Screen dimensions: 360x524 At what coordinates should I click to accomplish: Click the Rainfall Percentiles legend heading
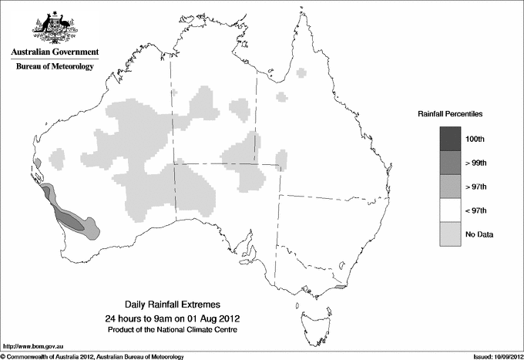(450, 114)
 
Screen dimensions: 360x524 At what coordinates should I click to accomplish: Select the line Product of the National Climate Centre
(172, 329)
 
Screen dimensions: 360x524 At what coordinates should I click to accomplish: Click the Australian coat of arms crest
(55, 28)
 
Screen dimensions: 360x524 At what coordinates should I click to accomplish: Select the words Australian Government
(55, 52)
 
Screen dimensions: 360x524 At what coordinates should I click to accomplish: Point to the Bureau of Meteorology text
(55, 67)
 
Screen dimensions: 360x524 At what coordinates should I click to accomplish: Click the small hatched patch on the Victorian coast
(340, 284)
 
